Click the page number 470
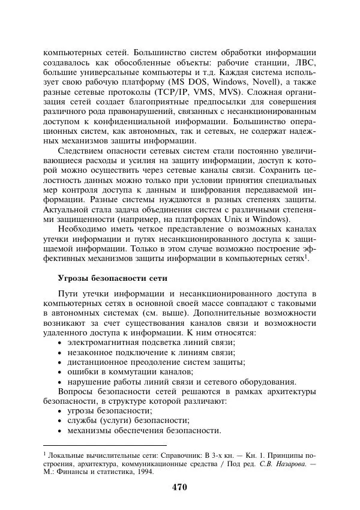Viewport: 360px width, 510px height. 179,487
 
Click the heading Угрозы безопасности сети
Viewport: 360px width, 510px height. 113,278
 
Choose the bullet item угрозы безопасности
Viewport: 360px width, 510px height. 109,410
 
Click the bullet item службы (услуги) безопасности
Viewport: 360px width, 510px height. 128,421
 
